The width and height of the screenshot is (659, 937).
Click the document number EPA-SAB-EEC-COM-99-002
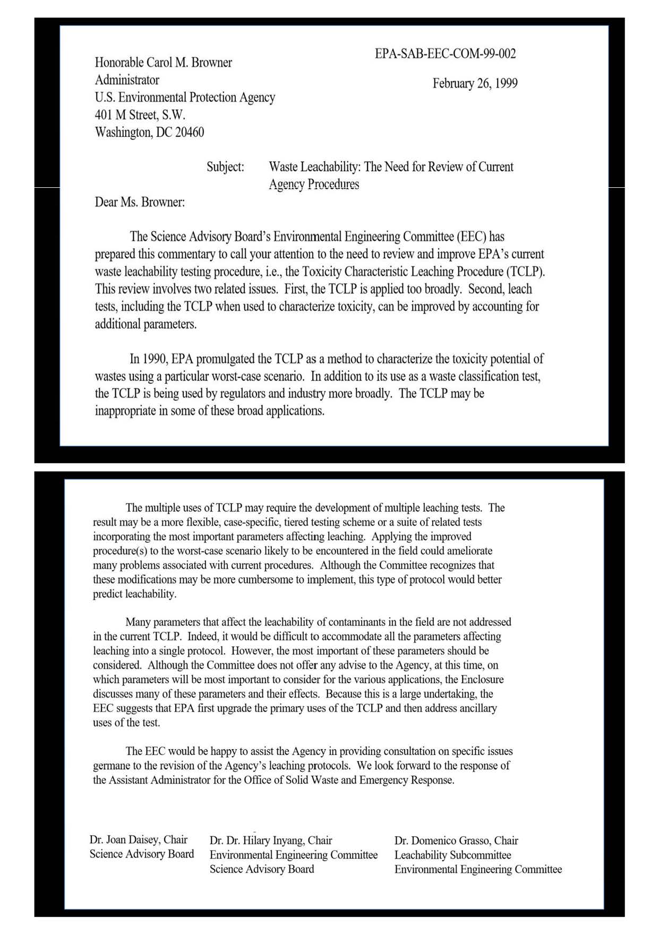(x=445, y=54)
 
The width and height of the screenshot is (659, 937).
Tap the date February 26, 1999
(x=475, y=83)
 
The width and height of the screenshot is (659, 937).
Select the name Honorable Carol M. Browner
(x=163, y=63)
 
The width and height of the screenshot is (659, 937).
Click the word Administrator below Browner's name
(x=127, y=80)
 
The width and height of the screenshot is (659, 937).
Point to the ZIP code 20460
(x=190, y=132)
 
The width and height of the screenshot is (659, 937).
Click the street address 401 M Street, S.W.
(x=140, y=115)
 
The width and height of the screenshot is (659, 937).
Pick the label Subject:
(x=225, y=167)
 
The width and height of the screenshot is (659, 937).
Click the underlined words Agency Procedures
(x=314, y=184)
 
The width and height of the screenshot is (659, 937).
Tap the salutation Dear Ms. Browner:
(x=140, y=202)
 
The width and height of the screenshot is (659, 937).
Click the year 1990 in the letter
(x=155, y=359)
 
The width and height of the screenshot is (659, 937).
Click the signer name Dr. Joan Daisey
(x=125, y=839)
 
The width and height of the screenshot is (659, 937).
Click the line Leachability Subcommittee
(x=452, y=855)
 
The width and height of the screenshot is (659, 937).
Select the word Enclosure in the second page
(x=482, y=680)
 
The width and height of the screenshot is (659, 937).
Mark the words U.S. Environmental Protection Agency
(x=185, y=98)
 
